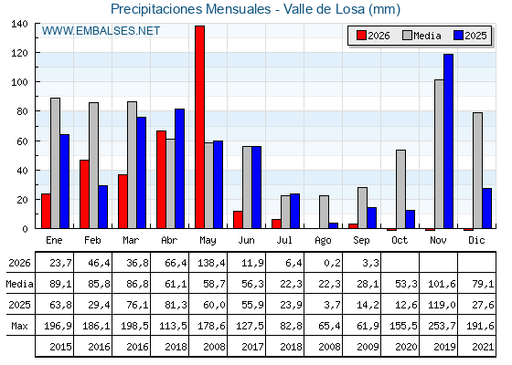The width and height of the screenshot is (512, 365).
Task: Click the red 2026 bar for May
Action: (x=199, y=127)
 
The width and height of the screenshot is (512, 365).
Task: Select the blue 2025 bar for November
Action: (x=448, y=141)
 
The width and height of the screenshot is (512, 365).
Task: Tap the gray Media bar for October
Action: (x=400, y=189)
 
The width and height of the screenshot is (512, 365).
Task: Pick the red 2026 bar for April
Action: (x=161, y=180)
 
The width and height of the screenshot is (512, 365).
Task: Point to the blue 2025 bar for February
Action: (x=102, y=207)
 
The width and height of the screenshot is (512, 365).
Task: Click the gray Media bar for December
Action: (x=477, y=171)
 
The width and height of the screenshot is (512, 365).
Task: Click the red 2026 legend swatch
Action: (x=361, y=36)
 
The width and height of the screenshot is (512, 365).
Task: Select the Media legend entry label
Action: (x=427, y=36)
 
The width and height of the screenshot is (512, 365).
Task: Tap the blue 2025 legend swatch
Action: (x=458, y=36)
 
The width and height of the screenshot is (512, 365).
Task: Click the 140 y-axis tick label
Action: (x=19, y=24)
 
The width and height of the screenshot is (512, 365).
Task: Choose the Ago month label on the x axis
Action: (x=323, y=241)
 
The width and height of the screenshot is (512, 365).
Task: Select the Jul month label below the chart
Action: (x=284, y=240)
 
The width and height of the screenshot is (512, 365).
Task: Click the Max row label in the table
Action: (x=19, y=326)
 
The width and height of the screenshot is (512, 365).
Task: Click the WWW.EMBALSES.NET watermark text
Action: (x=101, y=31)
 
